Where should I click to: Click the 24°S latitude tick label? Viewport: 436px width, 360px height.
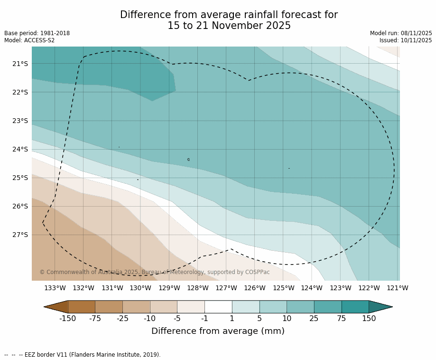pyautogui.click(x=20, y=149)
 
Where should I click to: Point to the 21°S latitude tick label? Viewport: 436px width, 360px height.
pyautogui.click(x=20, y=64)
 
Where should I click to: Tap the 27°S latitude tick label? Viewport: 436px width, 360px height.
pyautogui.click(x=20, y=235)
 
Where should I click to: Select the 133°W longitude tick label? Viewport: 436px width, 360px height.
pyautogui.click(x=55, y=288)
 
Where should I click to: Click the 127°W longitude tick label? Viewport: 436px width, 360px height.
pyautogui.click(x=226, y=288)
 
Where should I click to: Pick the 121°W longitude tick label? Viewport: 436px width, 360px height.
pyautogui.click(x=398, y=288)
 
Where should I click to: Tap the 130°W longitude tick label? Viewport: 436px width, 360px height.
pyautogui.click(x=140, y=288)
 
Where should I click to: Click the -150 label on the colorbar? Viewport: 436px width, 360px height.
pyautogui.click(x=67, y=319)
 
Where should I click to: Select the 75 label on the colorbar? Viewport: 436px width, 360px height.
pyautogui.click(x=341, y=319)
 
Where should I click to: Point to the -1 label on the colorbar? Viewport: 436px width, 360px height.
pyautogui.click(x=204, y=319)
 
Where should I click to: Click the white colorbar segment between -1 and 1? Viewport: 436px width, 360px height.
pyautogui.click(x=218, y=307)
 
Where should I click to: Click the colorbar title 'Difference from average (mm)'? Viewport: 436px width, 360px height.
pyautogui.click(x=218, y=331)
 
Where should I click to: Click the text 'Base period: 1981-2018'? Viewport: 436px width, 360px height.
pyautogui.click(x=37, y=33)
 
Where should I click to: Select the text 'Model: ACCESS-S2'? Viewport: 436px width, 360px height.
pyautogui.click(x=29, y=40)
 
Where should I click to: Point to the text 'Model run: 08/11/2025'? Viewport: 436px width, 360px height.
pyautogui.click(x=401, y=33)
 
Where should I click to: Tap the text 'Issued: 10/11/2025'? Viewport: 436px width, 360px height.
pyautogui.click(x=406, y=40)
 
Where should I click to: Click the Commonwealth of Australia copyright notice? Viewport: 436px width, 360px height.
pyautogui.click(x=154, y=272)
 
